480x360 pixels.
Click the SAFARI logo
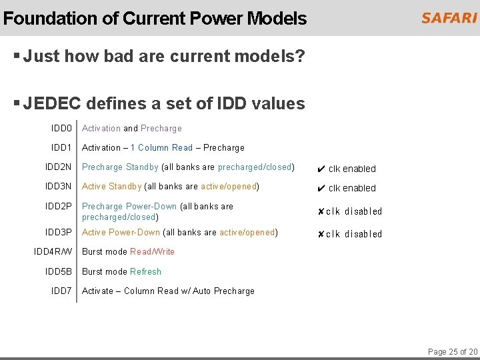click(449, 18)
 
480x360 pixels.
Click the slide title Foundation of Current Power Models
click(155, 18)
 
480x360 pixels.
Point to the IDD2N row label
click(59, 167)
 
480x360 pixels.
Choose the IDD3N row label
click(59, 186)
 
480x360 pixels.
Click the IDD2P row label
click(59, 206)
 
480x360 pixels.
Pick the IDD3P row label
click(59, 232)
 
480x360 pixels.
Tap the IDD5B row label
click(59, 271)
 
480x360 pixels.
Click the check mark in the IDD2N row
click(321, 169)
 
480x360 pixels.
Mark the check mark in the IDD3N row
click(321, 188)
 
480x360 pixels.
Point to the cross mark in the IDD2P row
click(321, 211)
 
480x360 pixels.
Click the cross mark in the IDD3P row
click(321, 234)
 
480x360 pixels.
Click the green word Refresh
click(145, 271)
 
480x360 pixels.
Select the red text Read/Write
click(152, 251)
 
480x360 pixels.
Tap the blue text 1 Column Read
click(161, 147)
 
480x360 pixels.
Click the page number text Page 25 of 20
click(452, 351)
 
